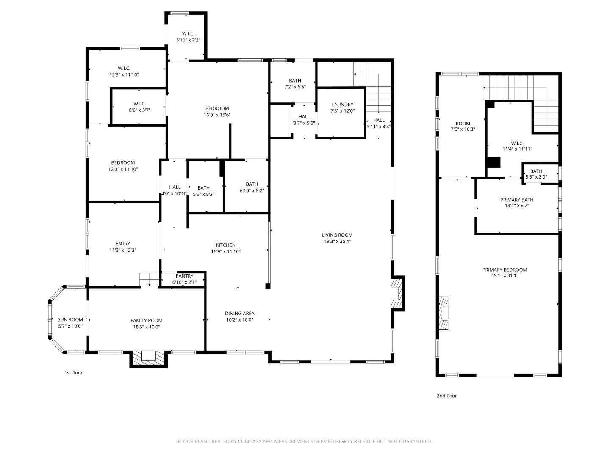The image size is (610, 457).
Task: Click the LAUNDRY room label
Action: [342, 105]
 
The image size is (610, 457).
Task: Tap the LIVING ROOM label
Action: [337, 235]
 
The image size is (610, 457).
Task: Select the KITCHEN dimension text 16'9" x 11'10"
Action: [225, 251]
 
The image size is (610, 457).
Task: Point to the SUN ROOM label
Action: [70, 320]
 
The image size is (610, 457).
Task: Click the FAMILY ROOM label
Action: [146, 321]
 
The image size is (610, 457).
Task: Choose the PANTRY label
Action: [184, 276]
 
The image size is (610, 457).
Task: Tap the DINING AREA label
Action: [239, 314]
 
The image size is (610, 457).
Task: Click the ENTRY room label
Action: [123, 244]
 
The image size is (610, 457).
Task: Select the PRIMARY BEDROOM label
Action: [505, 270]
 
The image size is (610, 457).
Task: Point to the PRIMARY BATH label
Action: [516, 200]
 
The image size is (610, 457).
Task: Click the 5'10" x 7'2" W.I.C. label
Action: [188, 40]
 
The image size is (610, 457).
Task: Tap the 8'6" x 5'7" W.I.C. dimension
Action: [139, 110]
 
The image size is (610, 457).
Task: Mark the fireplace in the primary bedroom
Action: [444, 313]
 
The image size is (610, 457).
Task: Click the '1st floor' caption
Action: [73, 373]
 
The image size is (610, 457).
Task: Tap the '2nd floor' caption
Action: [446, 396]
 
